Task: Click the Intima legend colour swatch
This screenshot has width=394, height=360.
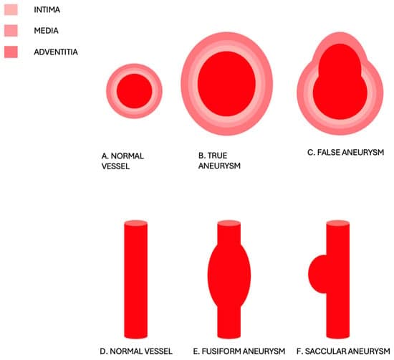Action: pyautogui.click(x=11, y=9)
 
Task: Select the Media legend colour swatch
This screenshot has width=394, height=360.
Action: pyautogui.click(x=11, y=31)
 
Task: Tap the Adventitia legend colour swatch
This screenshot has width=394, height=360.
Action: pyautogui.click(x=11, y=52)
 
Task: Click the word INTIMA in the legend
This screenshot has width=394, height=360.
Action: pyautogui.click(x=47, y=10)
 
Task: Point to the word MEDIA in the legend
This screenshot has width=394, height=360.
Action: pyautogui.click(x=47, y=31)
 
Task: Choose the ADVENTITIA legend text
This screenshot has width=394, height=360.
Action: pyautogui.click(x=56, y=52)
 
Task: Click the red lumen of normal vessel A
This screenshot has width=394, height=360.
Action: pyautogui.click(x=135, y=91)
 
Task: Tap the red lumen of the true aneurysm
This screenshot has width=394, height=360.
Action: pyautogui.click(x=226, y=84)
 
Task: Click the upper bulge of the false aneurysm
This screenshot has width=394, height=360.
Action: pyautogui.click(x=340, y=60)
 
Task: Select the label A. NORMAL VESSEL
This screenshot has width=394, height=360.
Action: pyautogui.click(x=122, y=161)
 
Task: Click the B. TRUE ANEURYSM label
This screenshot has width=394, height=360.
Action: pyautogui.click(x=219, y=161)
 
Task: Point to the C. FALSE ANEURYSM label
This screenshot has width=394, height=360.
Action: pyautogui.click(x=346, y=152)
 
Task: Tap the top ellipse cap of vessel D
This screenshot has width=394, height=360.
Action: pyautogui.click(x=136, y=224)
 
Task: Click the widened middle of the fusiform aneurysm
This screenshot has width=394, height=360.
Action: pyautogui.click(x=229, y=275)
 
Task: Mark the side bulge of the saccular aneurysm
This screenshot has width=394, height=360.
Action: pyautogui.click(x=317, y=274)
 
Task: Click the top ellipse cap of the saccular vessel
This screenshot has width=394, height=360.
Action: pyautogui.click(x=338, y=224)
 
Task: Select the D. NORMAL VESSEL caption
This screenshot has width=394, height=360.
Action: pyautogui.click(x=136, y=351)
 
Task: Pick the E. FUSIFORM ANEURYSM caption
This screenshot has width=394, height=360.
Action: pyautogui.click(x=239, y=351)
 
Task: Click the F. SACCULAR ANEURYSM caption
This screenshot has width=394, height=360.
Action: pyautogui.click(x=343, y=351)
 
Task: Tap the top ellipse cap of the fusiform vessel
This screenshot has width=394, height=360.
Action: pyautogui.click(x=229, y=224)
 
